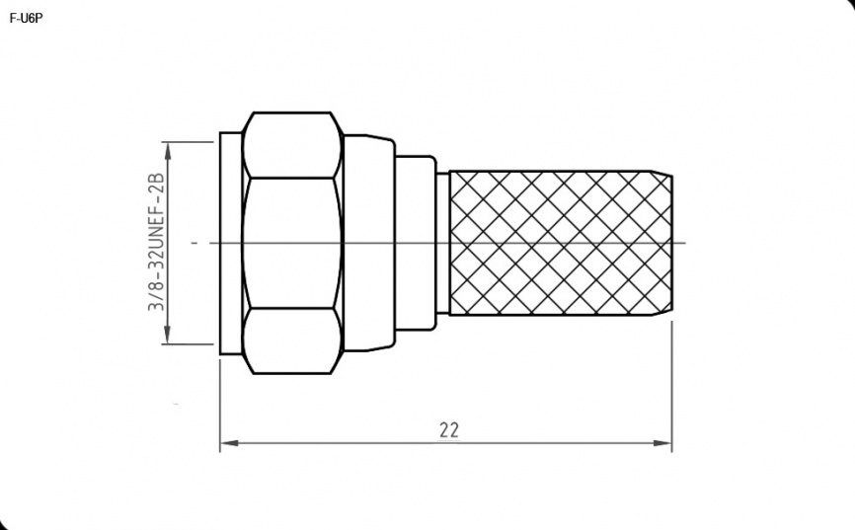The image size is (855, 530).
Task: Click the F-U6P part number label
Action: [27, 18]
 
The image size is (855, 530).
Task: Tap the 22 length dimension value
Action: [449, 430]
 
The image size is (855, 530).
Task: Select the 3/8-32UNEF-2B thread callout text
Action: [157, 242]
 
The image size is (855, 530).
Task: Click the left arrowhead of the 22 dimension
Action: [228, 443]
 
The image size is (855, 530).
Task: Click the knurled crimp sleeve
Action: [560, 243]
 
